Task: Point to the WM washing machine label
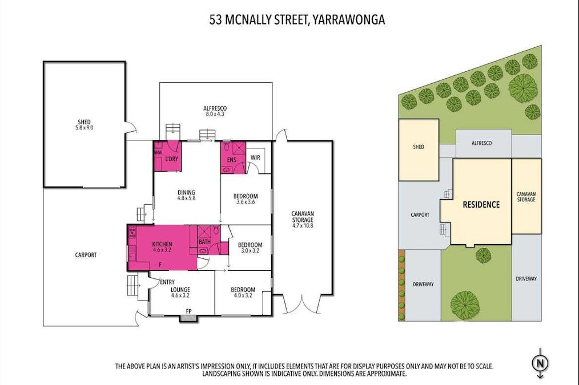coord(158,153)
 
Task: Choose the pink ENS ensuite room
coord(231,160)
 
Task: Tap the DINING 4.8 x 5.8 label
coord(186,195)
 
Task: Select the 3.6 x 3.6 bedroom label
coord(246,200)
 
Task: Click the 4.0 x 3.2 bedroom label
coord(243,292)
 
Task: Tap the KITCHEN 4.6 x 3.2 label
coord(162,247)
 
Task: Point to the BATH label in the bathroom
coord(204,242)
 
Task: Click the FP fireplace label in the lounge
coord(188,311)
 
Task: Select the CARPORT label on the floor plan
coord(86,255)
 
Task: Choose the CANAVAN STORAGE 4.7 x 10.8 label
coord(302,219)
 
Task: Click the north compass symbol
coord(539,363)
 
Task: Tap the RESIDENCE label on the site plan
coord(481,205)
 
